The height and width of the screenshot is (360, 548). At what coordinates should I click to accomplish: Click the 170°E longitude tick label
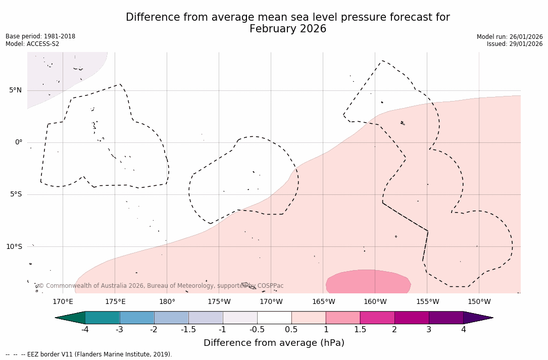click(x=63, y=302)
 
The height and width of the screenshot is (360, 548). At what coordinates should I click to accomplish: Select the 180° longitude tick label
click(x=167, y=302)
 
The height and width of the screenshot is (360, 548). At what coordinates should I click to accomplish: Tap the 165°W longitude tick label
click(x=323, y=302)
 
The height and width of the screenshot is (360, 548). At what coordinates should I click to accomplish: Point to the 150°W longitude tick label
click(x=479, y=302)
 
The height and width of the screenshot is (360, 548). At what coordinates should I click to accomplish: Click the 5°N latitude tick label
click(x=15, y=90)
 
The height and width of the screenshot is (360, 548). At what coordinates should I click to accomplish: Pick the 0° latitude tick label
click(x=19, y=142)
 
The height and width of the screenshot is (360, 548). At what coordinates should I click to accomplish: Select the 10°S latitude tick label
click(x=14, y=246)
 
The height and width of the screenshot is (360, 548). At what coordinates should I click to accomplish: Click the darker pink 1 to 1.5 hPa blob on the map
click(x=368, y=282)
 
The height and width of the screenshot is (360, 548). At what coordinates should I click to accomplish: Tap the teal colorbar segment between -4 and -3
click(x=103, y=318)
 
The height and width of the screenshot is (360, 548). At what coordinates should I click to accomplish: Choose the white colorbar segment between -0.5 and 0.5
click(x=274, y=318)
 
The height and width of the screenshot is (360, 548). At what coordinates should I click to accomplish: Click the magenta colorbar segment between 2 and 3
click(x=412, y=318)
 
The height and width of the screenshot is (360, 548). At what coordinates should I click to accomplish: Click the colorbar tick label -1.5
click(x=188, y=330)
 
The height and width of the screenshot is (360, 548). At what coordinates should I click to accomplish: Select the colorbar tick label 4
click(x=463, y=330)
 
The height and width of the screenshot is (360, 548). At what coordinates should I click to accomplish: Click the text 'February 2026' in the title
click(x=288, y=29)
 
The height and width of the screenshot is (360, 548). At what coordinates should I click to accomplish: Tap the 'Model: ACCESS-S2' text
click(x=32, y=44)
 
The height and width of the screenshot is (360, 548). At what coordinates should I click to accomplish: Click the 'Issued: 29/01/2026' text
click(x=515, y=44)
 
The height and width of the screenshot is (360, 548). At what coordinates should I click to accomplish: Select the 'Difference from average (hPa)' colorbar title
click(x=274, y=343)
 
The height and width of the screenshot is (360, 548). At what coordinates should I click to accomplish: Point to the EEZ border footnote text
click(x=88, y=354)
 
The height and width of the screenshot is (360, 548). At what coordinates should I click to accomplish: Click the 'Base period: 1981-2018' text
click(x=40, y=36)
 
